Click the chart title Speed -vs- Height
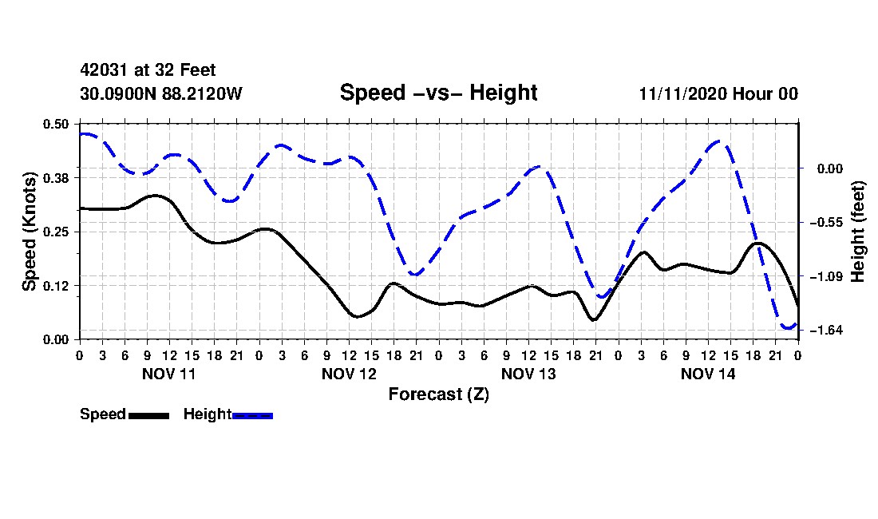tap(438, 93)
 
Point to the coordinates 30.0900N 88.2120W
tap(161, 93)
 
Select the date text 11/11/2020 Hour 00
tap(718, 93)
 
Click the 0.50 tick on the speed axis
tap(55, 124)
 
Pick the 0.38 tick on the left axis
tap(55, 178)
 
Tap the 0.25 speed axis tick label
tap(55, 232)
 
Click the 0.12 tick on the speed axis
tap(55, 286)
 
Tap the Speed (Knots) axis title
tap(29, 232)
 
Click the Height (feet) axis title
tap(858, 232)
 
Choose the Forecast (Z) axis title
tap(439, 394)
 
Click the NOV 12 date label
tap(349, 374)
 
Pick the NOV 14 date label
tap(708, 374)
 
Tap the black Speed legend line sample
tap(149, 415)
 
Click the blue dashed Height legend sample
tap(252, 415)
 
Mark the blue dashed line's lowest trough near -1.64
tap(788, 327)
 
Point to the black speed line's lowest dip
tap(594, 319)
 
